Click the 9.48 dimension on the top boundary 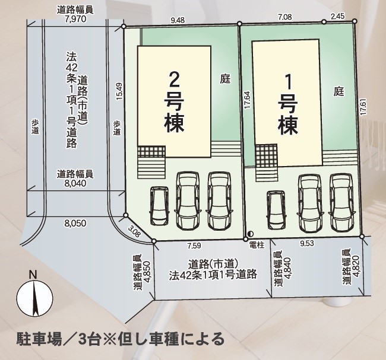pyautogui.click(x=177, y=20)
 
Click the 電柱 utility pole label pyautogui.click(x=257, y=244)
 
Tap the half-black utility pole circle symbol pyautogui.click(x=250, y=234)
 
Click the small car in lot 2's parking pyautogui.click(x=160, y=205)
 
